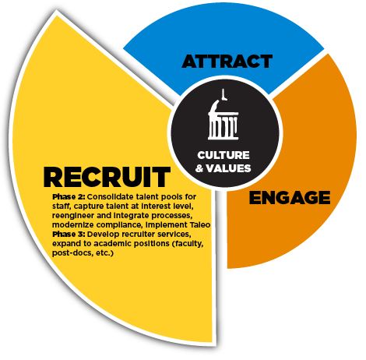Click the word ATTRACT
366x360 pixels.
[227, 62]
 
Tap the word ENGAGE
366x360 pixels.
[290, 198]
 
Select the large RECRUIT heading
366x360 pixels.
[107, 177]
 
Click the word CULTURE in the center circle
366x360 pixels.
[223, 155]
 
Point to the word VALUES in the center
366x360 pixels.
[229, 168]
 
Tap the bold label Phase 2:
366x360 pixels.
[69, 196]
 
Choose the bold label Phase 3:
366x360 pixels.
[69, 234]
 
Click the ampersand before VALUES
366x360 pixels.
[199, 168]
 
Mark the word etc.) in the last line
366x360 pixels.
[104, 253]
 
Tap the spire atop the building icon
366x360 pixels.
[223, 94]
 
